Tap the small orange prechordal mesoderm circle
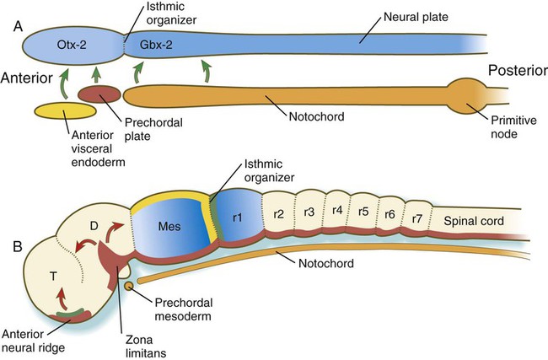click(129, 286)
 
